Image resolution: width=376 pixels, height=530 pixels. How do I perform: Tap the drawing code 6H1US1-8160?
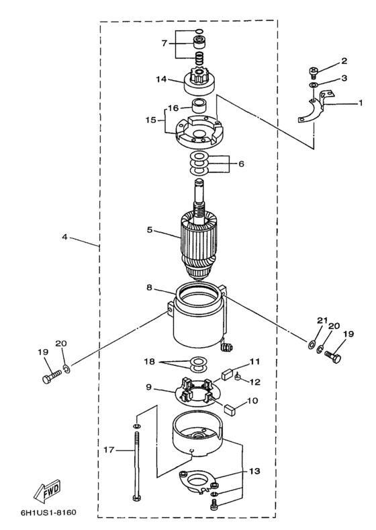pos(48,512)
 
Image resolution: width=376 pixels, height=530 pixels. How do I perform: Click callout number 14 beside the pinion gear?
pos(161,79)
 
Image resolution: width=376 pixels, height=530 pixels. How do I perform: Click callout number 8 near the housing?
pos(149,288)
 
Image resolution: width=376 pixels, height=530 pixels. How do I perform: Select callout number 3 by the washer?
pos(344,78)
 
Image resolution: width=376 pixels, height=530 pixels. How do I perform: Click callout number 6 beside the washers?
pos(240,164)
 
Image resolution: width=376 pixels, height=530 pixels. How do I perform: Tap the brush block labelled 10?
pos(230,410)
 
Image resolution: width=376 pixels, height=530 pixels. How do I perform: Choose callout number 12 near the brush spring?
pos(255,382)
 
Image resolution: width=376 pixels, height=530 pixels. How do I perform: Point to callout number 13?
pos(255,471)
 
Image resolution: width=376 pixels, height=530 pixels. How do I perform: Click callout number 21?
pos(322,320)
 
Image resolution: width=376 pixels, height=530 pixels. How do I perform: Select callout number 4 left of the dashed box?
pos(64,237)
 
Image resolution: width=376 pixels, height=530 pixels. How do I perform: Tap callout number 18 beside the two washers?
pos(149,362)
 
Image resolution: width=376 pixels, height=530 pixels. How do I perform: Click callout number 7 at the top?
pos(164,43)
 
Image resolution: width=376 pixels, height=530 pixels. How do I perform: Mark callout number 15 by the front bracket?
pos(151,120)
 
